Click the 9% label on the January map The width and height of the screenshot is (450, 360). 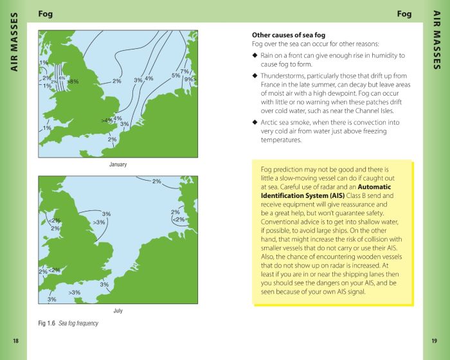point(190,80)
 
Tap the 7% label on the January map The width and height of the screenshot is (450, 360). point(184,71)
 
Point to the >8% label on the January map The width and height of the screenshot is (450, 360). point(73,82)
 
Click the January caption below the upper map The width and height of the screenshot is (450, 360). point(118,165)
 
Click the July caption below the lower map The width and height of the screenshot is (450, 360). point(118,310)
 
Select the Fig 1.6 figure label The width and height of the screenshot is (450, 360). point(47,323)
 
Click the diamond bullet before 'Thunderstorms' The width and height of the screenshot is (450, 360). point(255,76)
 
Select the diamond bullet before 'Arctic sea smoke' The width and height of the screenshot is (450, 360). point(255,122)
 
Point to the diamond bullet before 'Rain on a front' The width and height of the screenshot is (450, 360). point(255,55)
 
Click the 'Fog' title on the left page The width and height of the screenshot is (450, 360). point(46,14)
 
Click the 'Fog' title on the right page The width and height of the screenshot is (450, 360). point(404,14)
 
